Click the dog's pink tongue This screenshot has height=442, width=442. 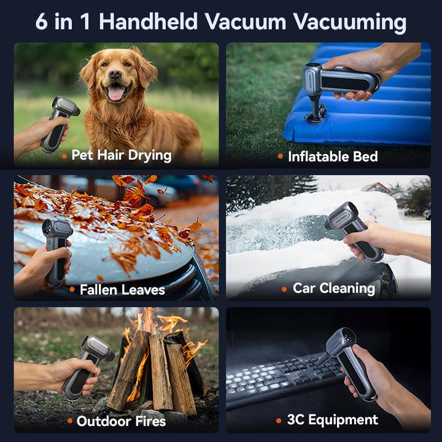[x=115, y=93]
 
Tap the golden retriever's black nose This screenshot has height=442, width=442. [x=115, y=74]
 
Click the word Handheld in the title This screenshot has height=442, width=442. [x=149, y=21]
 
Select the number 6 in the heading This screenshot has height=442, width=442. [x=42, y=21]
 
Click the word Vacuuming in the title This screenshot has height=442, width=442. [x=349, y=23]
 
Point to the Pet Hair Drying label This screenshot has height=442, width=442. [x=122, y=155]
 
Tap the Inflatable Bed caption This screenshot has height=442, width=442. [x=333, y=157]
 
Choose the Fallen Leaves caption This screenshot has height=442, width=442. [x=122, y=290]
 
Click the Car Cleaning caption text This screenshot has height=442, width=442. [x=334, y=289]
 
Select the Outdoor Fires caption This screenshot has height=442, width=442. [x=121, y=421]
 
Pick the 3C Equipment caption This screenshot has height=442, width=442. [x=333, y=420]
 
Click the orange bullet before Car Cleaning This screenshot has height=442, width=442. [x=284, y=289]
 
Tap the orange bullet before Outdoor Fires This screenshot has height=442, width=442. [x=70, y=421]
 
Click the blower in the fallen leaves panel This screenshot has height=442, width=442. [x=56, y=251]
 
